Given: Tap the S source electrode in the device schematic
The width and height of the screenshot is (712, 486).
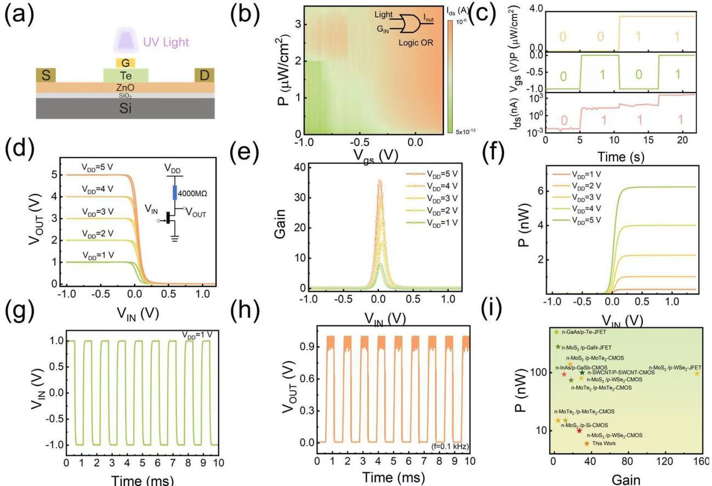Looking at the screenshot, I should tap(45, 75).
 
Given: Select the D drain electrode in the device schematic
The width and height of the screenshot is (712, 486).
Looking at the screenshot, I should tap(204, 75).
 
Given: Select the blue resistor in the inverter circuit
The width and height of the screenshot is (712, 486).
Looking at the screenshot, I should tap(175, 192).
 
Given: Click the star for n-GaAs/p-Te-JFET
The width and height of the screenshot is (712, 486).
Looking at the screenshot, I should tap(556, 331).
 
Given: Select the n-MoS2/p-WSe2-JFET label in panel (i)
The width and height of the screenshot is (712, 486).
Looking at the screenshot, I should tap(675, 367).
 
